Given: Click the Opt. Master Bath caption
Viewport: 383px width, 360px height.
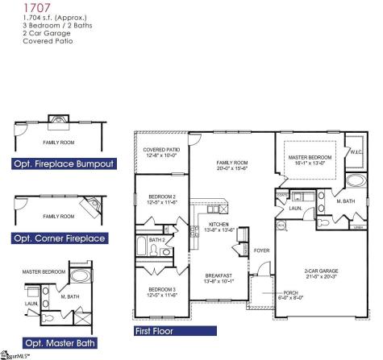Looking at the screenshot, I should tap(54, 344).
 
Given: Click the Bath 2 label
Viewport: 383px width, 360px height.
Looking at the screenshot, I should tap(158, 240).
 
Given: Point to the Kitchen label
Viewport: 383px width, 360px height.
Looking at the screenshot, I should tap(219, 225).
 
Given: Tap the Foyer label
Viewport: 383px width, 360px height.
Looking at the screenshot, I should tap(261, 250).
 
